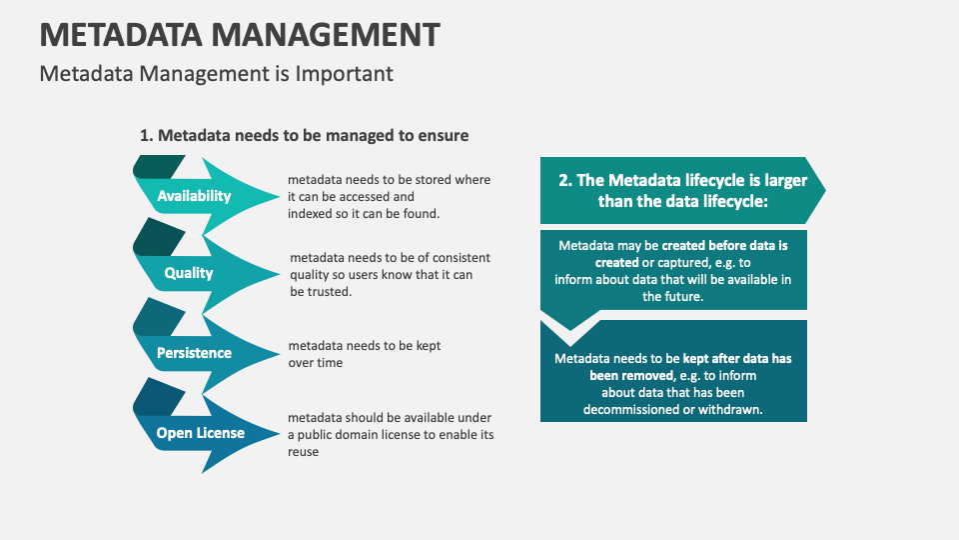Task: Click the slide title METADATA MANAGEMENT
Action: tap(240, 34)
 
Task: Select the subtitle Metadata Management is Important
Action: tap(216, 74)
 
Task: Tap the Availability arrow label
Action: tap(194, 197)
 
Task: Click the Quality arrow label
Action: tap(189, 273)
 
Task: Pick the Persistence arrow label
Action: tap(194, 353)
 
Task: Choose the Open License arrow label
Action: tap(200, 433)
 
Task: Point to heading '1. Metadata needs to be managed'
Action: tap(304, 135)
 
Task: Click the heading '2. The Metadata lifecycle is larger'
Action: tap(682, 190)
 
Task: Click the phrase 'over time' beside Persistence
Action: tap(316, 363)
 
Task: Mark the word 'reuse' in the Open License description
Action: tap(304, 452)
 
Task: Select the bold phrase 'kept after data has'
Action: tap(737, 358)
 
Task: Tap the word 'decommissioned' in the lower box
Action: tap(633, 409)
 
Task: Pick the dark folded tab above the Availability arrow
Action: tap(157, 166)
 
